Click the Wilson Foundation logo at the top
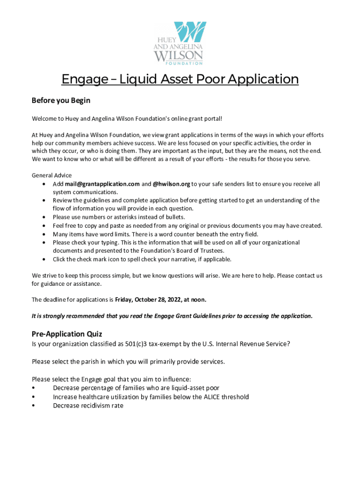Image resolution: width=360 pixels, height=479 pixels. point(180,43)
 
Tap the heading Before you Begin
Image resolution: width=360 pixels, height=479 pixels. point(61,101)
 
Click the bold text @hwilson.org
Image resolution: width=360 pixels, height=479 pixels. point(171,184)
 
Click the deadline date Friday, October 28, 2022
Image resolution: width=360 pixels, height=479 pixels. point(150,299)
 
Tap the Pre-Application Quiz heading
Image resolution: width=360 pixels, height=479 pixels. point(67,334)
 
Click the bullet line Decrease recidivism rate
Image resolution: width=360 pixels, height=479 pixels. point(88,406)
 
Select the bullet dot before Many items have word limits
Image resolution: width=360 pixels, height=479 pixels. point(43,234)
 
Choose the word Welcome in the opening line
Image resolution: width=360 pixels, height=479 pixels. point(44,118)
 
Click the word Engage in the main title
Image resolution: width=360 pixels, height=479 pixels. point(84,79)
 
